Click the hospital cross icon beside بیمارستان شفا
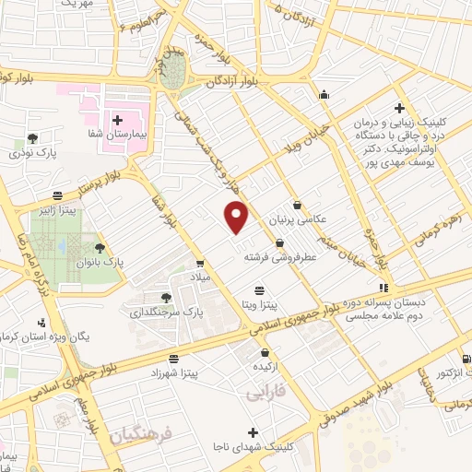(117, 120)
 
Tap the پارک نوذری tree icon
(33, 137)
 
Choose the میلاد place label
(200, 277)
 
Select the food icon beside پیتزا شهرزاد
(173, 359)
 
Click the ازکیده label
(266, 367)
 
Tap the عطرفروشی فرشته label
(278, 258)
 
